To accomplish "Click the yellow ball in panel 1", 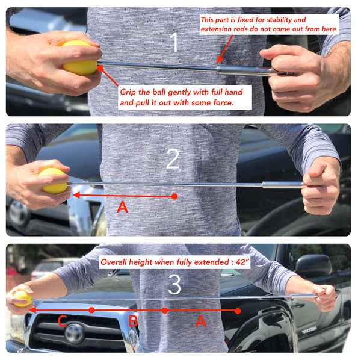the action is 79,58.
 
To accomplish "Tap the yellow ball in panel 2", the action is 54,181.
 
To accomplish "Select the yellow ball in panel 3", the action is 23,299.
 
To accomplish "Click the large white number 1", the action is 174,42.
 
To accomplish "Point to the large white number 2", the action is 173,158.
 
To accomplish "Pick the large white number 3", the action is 174,285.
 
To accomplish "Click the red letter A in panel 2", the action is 122,206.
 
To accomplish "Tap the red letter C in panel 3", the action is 62,321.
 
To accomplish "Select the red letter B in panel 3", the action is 133,321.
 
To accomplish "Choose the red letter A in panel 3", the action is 200,321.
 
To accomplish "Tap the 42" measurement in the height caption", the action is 242,262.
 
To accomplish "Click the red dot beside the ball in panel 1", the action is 100,69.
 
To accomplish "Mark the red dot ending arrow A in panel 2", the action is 174,196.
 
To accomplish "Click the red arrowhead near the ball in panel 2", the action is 76,195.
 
